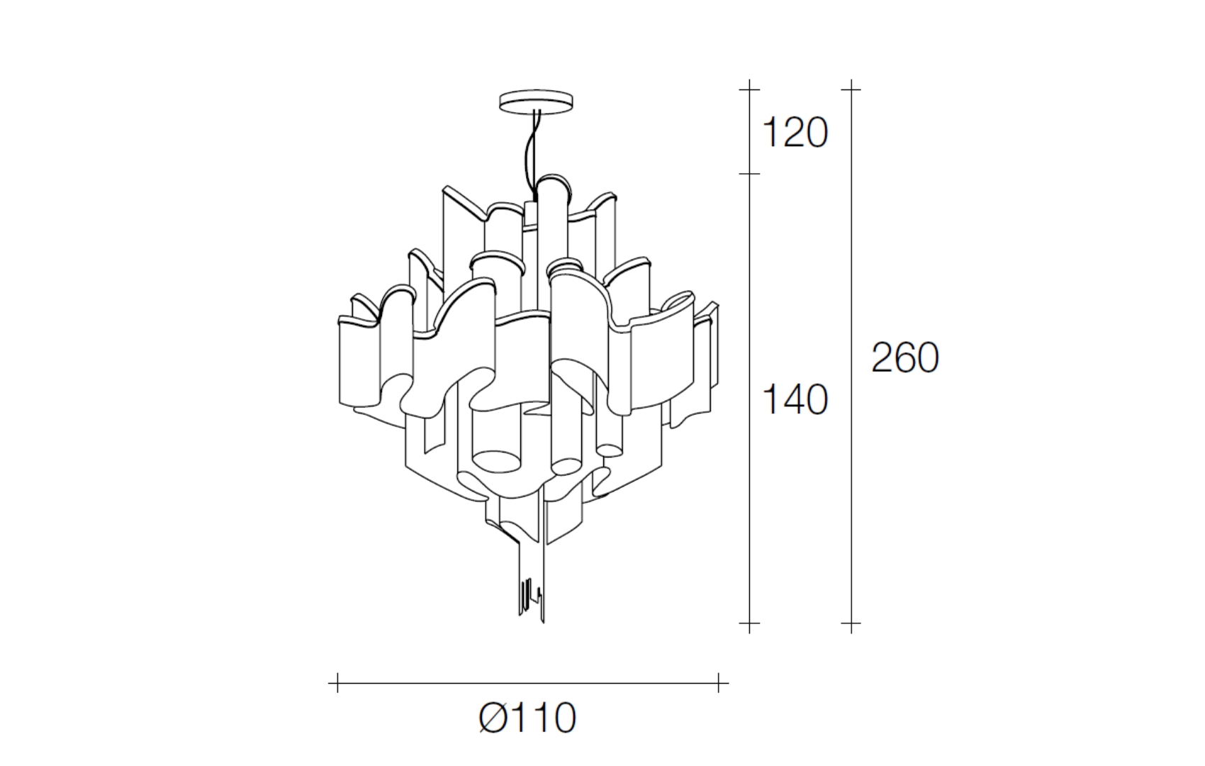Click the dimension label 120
tap(795, 133)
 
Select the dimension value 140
tap(795, 400)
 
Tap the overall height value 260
tap(905, 358)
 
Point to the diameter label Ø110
tap(528, 718)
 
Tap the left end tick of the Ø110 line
tap(337, 683)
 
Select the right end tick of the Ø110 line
tap(718, 683)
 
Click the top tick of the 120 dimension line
tap(749, 89)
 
